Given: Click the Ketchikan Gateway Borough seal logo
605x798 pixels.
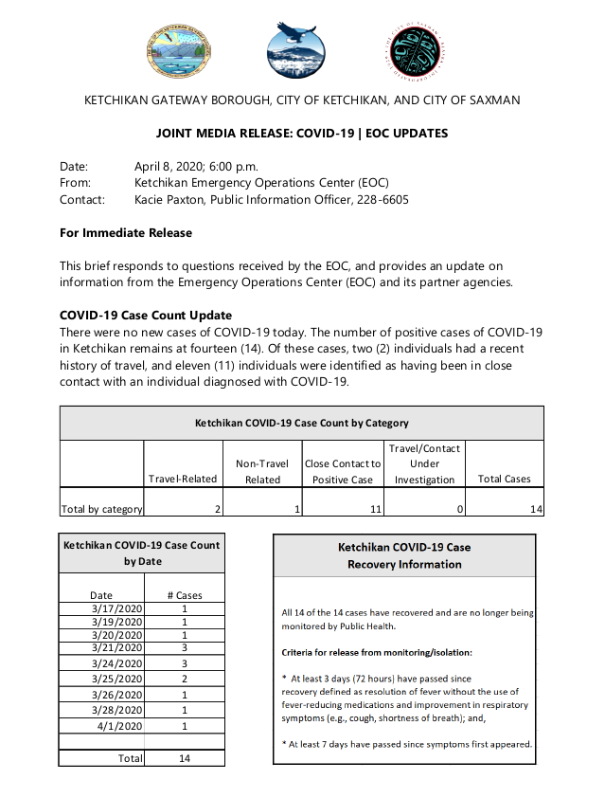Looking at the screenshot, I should point(180,52).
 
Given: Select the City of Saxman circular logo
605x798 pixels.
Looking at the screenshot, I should point(417,52).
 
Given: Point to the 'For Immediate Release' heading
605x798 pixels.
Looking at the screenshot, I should point(126,233).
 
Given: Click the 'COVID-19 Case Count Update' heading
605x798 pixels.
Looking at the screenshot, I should point(146,315).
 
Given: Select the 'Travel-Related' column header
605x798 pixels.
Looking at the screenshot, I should point(183,480).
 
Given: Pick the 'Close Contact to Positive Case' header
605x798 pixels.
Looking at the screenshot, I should point(343,471).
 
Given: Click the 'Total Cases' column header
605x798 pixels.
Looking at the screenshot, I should point(504,480).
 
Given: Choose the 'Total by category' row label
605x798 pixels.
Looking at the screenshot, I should point(101,509).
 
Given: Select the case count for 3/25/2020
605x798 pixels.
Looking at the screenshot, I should point(184,680).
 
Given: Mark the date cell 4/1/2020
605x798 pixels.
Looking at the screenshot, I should point(119,725).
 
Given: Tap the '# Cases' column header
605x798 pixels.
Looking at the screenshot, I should point(184,595).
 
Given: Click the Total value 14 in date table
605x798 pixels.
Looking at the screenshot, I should point(184,758).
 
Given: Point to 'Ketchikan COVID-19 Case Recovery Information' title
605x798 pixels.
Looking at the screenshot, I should point(404,555).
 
